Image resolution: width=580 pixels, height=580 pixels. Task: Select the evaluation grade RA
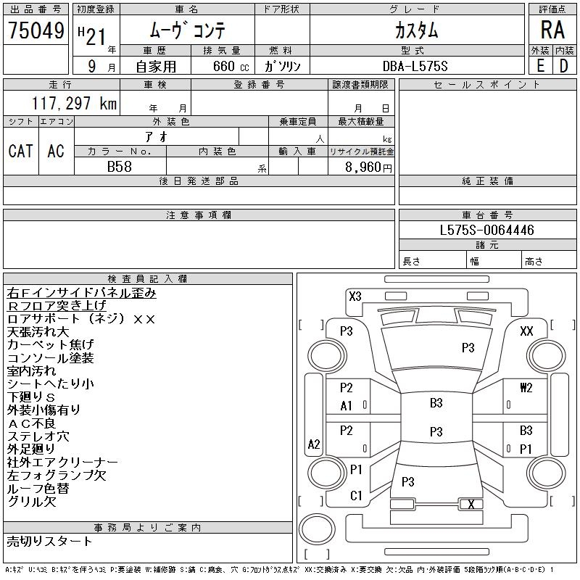(552, 30)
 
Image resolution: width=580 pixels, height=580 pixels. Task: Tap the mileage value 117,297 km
(74, 104)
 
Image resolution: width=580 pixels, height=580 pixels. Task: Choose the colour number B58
(120, 167)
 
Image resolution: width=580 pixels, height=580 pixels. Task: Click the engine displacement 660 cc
(223, 66)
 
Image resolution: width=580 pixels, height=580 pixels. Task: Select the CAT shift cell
(20, 151)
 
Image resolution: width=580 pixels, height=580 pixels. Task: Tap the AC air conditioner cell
(56, 151)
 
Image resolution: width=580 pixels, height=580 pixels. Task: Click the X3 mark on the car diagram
(355, 296)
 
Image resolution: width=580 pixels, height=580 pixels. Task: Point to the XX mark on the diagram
(527, 331)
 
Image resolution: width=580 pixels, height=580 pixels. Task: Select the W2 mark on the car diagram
(526, 388)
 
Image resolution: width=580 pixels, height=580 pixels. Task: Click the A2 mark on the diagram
(314, 444)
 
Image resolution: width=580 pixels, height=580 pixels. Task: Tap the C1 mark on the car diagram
(356, 496)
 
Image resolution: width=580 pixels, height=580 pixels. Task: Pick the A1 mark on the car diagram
(347, 406)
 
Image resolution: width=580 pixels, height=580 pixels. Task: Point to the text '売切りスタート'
(50, 541)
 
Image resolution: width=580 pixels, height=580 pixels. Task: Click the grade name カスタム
(416, 30)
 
